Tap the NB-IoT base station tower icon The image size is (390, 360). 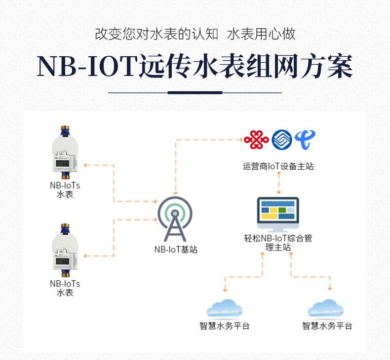175,219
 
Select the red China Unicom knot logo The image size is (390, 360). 256,139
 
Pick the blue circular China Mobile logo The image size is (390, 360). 281,140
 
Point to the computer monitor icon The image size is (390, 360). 278,214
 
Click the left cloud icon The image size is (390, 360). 225,309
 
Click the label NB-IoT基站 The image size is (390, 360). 176,250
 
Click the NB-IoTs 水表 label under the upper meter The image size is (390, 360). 65,190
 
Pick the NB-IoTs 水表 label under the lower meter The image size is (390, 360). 65,288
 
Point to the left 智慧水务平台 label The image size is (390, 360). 225,326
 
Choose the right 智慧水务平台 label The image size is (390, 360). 327,326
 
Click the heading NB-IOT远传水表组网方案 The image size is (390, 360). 195,66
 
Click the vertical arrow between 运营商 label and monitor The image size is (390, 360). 279,184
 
